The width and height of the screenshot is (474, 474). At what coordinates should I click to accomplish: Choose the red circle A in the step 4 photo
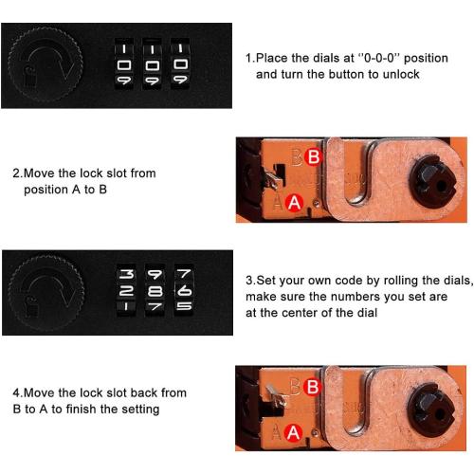pos(294,432)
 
